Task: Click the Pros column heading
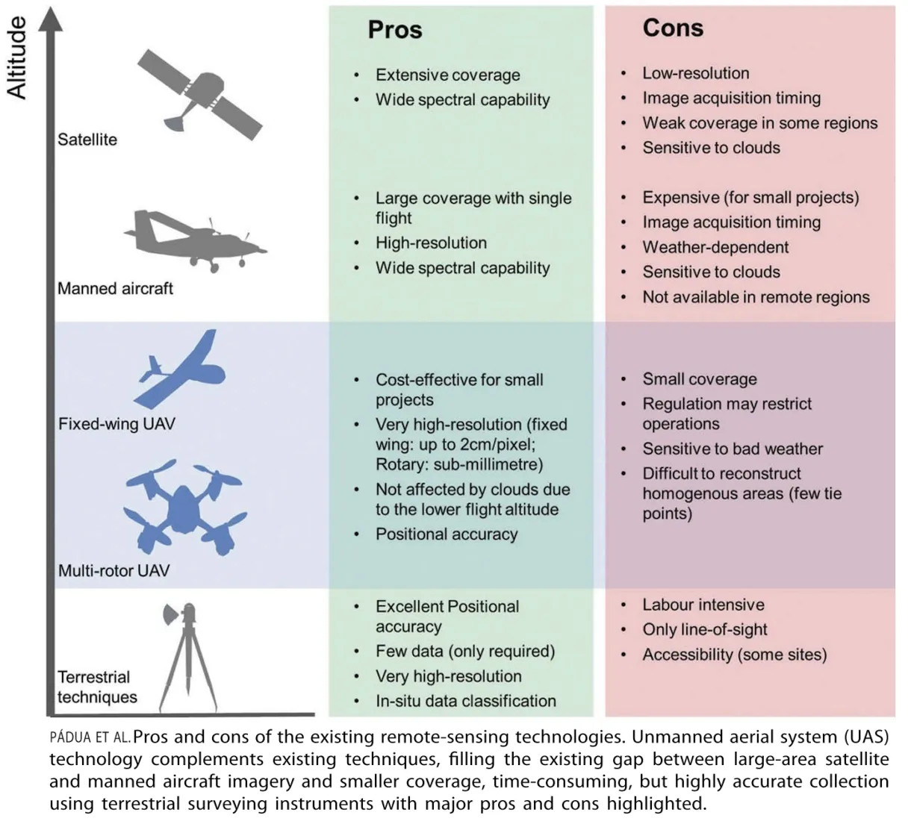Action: [x=394, y=30]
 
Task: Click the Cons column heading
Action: [x=673, y=28]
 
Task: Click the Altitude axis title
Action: [x=16, y=58]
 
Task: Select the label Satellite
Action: [x=87, y=140]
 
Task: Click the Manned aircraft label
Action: [x=115, y=288]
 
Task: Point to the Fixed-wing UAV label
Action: [x=116, y=424]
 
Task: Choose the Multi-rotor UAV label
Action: [x=114, y=571]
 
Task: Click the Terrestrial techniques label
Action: [x=97, y=687]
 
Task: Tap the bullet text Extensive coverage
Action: [x=447, y=75]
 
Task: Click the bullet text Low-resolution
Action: [x=695, y=73]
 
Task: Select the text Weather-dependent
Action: [x=715, y=247]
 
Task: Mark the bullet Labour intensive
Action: [x=703, y=605]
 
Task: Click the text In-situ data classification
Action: [x=465, y=701]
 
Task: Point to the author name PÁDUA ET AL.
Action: [x=90, y=738]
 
